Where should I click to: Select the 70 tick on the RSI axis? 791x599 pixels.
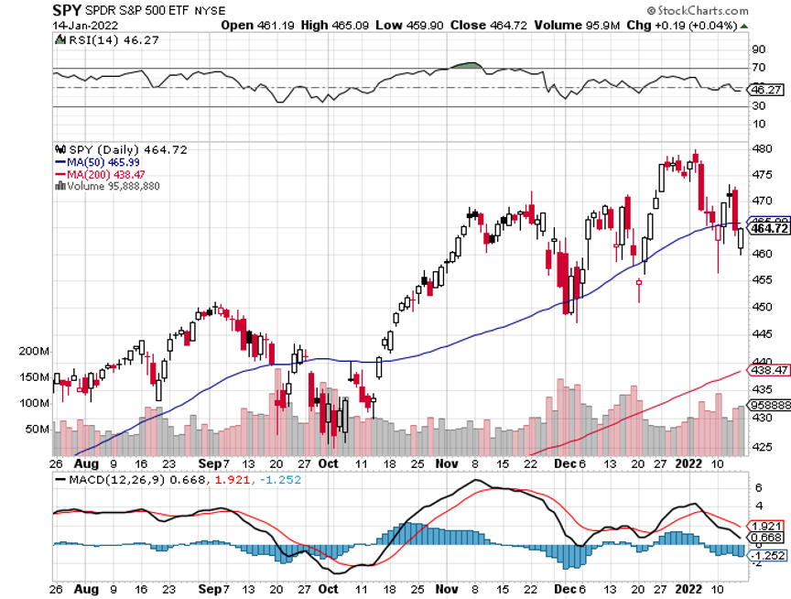759,68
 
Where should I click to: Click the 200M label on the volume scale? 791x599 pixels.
30,351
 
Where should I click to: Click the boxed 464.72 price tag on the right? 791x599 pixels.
771,228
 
